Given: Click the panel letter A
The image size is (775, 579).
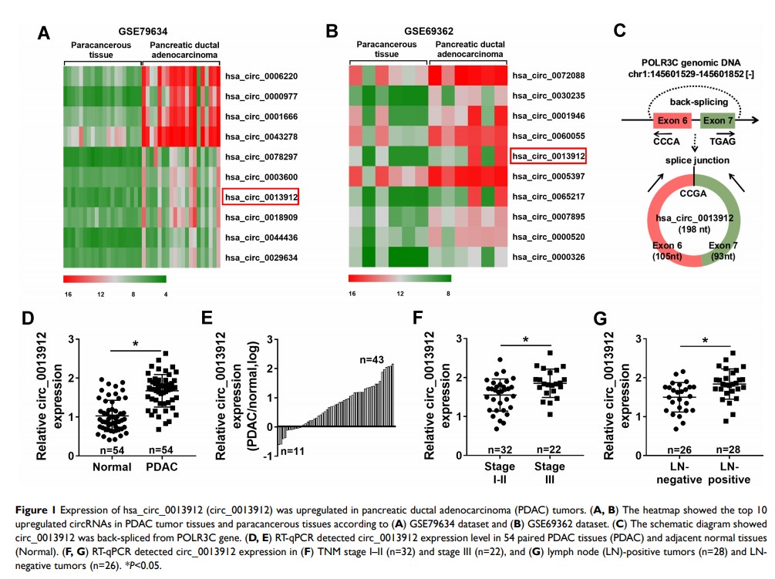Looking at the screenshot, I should (44, 33).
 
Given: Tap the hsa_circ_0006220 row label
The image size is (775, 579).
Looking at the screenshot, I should (261, 77).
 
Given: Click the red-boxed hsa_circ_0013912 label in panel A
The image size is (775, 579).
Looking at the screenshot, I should (261, 197).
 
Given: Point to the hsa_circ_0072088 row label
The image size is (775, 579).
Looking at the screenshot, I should (548, 76).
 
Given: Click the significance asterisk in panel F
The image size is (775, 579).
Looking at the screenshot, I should (527, 339).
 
